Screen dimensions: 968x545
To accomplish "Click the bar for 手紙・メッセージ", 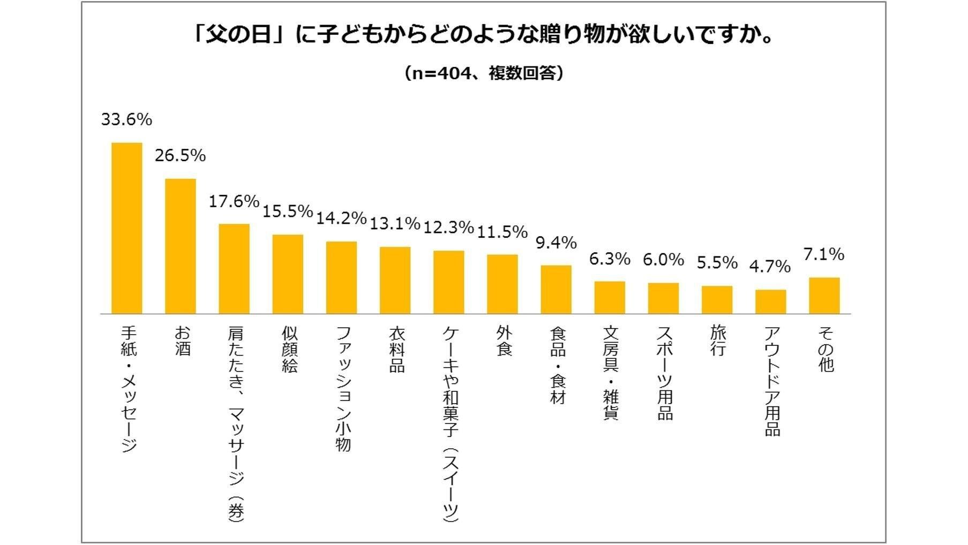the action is tap(127, 228).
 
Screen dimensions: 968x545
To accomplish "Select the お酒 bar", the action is tap(181, 246).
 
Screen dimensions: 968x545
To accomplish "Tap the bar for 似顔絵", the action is tap(288, 274).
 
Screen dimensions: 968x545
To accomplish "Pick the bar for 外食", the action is tap(502, 284).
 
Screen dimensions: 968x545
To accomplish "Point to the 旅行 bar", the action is tap(717, 300).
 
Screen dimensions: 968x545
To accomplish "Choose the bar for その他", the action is tap(824, 296).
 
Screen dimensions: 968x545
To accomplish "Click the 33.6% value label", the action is tap(127, 119).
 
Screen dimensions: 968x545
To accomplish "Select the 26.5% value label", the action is tap(181, 156).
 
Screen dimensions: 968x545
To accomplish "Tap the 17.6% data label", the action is tap(234, 201).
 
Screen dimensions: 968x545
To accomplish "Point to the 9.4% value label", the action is tap(556, 243).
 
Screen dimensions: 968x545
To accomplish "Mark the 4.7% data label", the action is tap(770, 267).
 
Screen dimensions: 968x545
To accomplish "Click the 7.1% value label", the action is tap(824, 254).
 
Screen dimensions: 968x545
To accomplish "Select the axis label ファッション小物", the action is tap(343, 389).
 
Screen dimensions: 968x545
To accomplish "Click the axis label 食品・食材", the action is tap(558, 366).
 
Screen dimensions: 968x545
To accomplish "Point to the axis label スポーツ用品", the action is tap(665, 373).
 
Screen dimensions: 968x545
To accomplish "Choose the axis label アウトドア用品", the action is tap(772, 381).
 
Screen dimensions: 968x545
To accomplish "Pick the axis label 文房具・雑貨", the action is tap(611, 373).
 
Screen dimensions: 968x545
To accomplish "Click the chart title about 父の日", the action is tap(484, 36).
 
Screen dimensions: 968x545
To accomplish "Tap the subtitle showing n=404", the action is tap(484, 73).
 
